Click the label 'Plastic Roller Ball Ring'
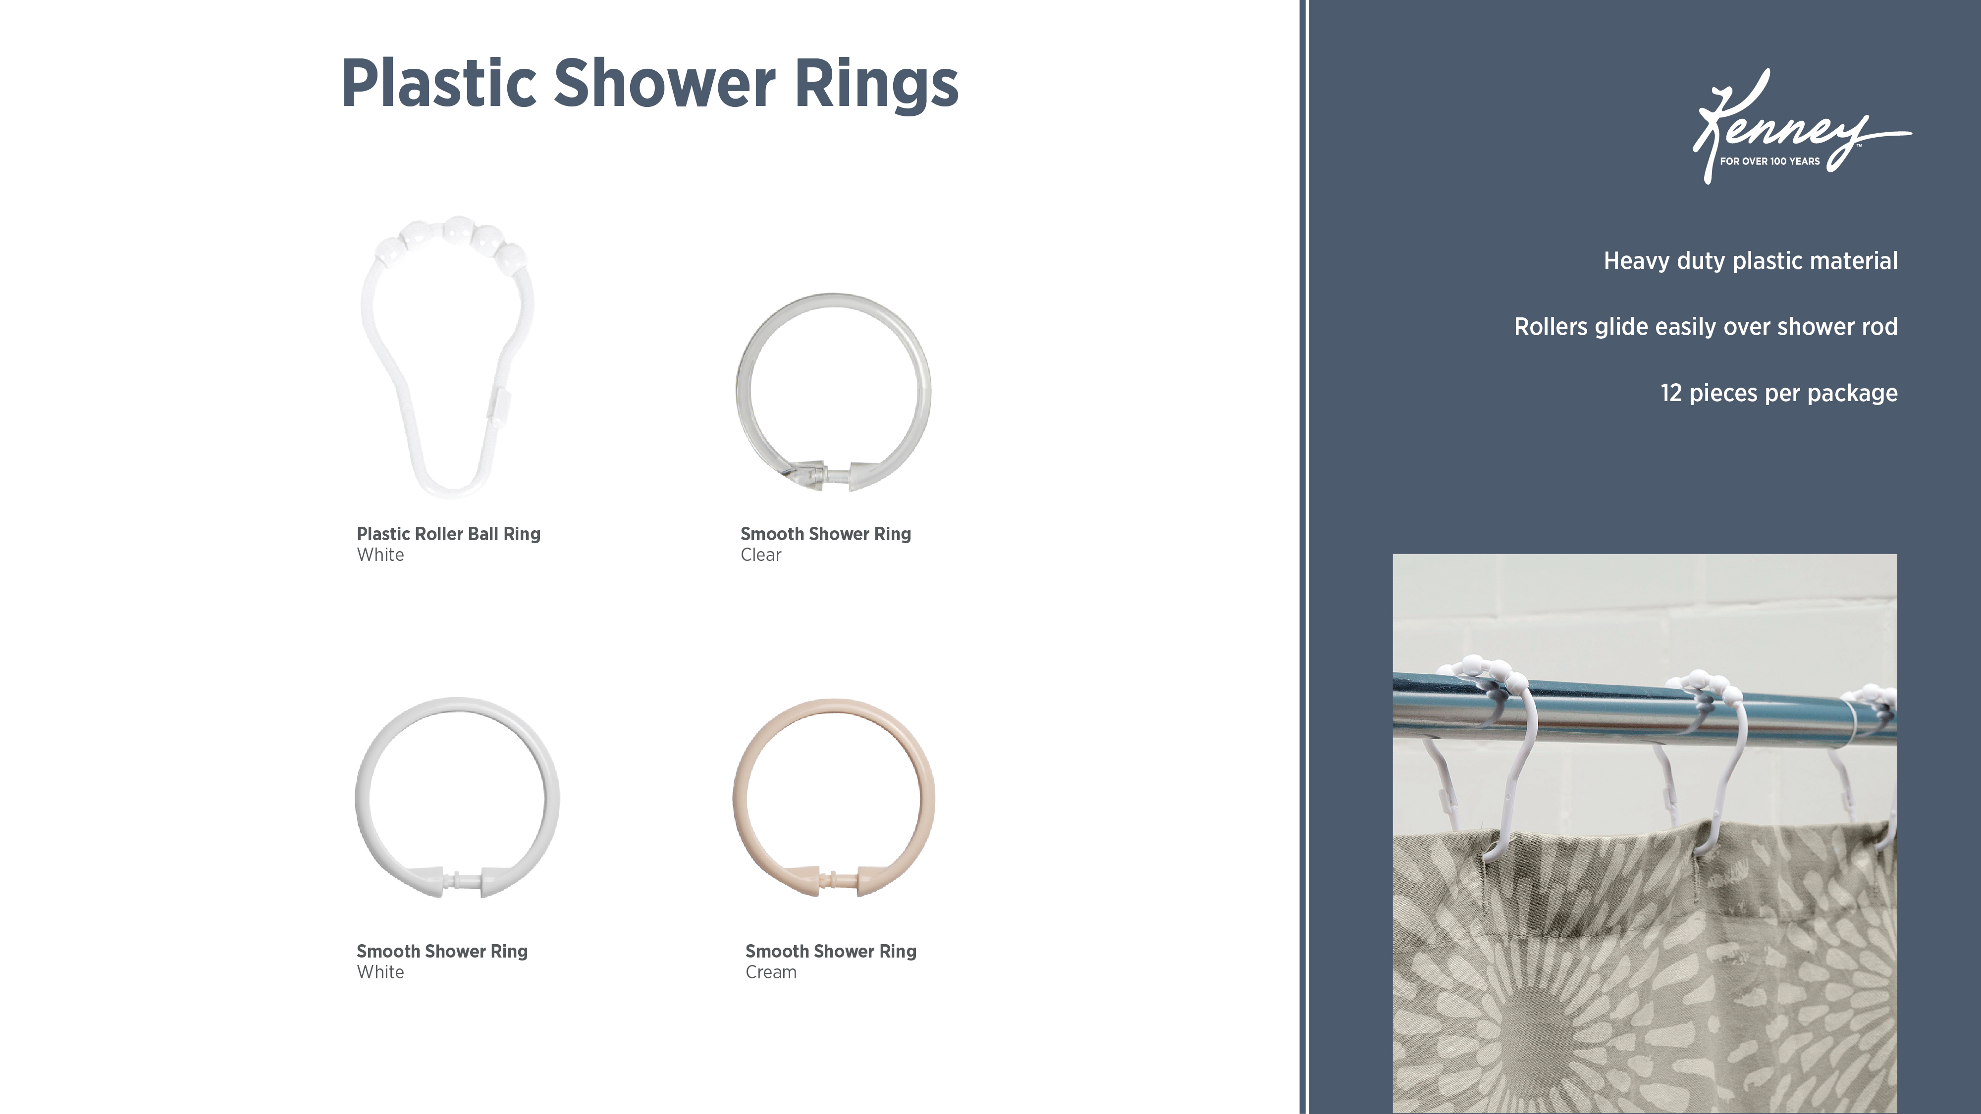pyautogui.click(x=448, y=534)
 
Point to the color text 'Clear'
pyautogui.click(x=760, y=555)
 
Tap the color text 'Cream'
pyautogui.click(x=771, y=972)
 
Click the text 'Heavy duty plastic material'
pyautogui.click(x=1750, y=260)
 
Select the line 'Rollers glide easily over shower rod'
pyautogui.click(x=1706, y=327)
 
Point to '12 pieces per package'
pyautogui.click(x=1779, y=393)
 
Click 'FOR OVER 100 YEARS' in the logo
pyautogui.click(x=1769, y=161)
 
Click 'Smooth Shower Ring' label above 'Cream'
pyautogui.click(x=831, y=951)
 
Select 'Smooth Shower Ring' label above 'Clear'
pyautogui.click(x=825, y=534)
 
